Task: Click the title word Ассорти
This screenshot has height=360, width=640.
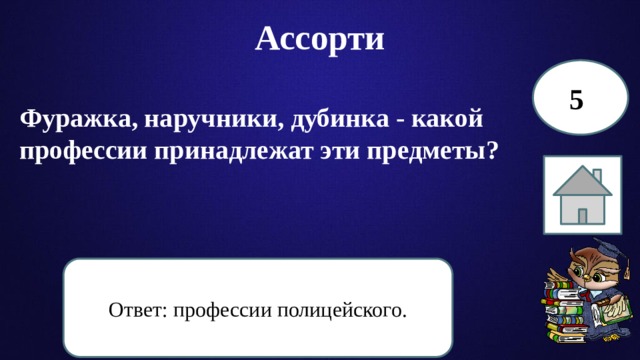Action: pyautogui.click(x=320, y=38)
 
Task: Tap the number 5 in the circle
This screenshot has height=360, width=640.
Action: pyautogui.click(x=576, y=99)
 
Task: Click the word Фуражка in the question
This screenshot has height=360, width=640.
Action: pyautogui.click(x=73, y=120)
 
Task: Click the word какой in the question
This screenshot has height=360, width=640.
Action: pyautogui.click(x=447, y=120)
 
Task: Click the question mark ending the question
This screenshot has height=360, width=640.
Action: pyautogui.click(x=493, y=151)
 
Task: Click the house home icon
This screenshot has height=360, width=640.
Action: pyautogui.click(x=584, y=195)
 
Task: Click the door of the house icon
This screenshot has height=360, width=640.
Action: pyautogui.click(x=582, y=212)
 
